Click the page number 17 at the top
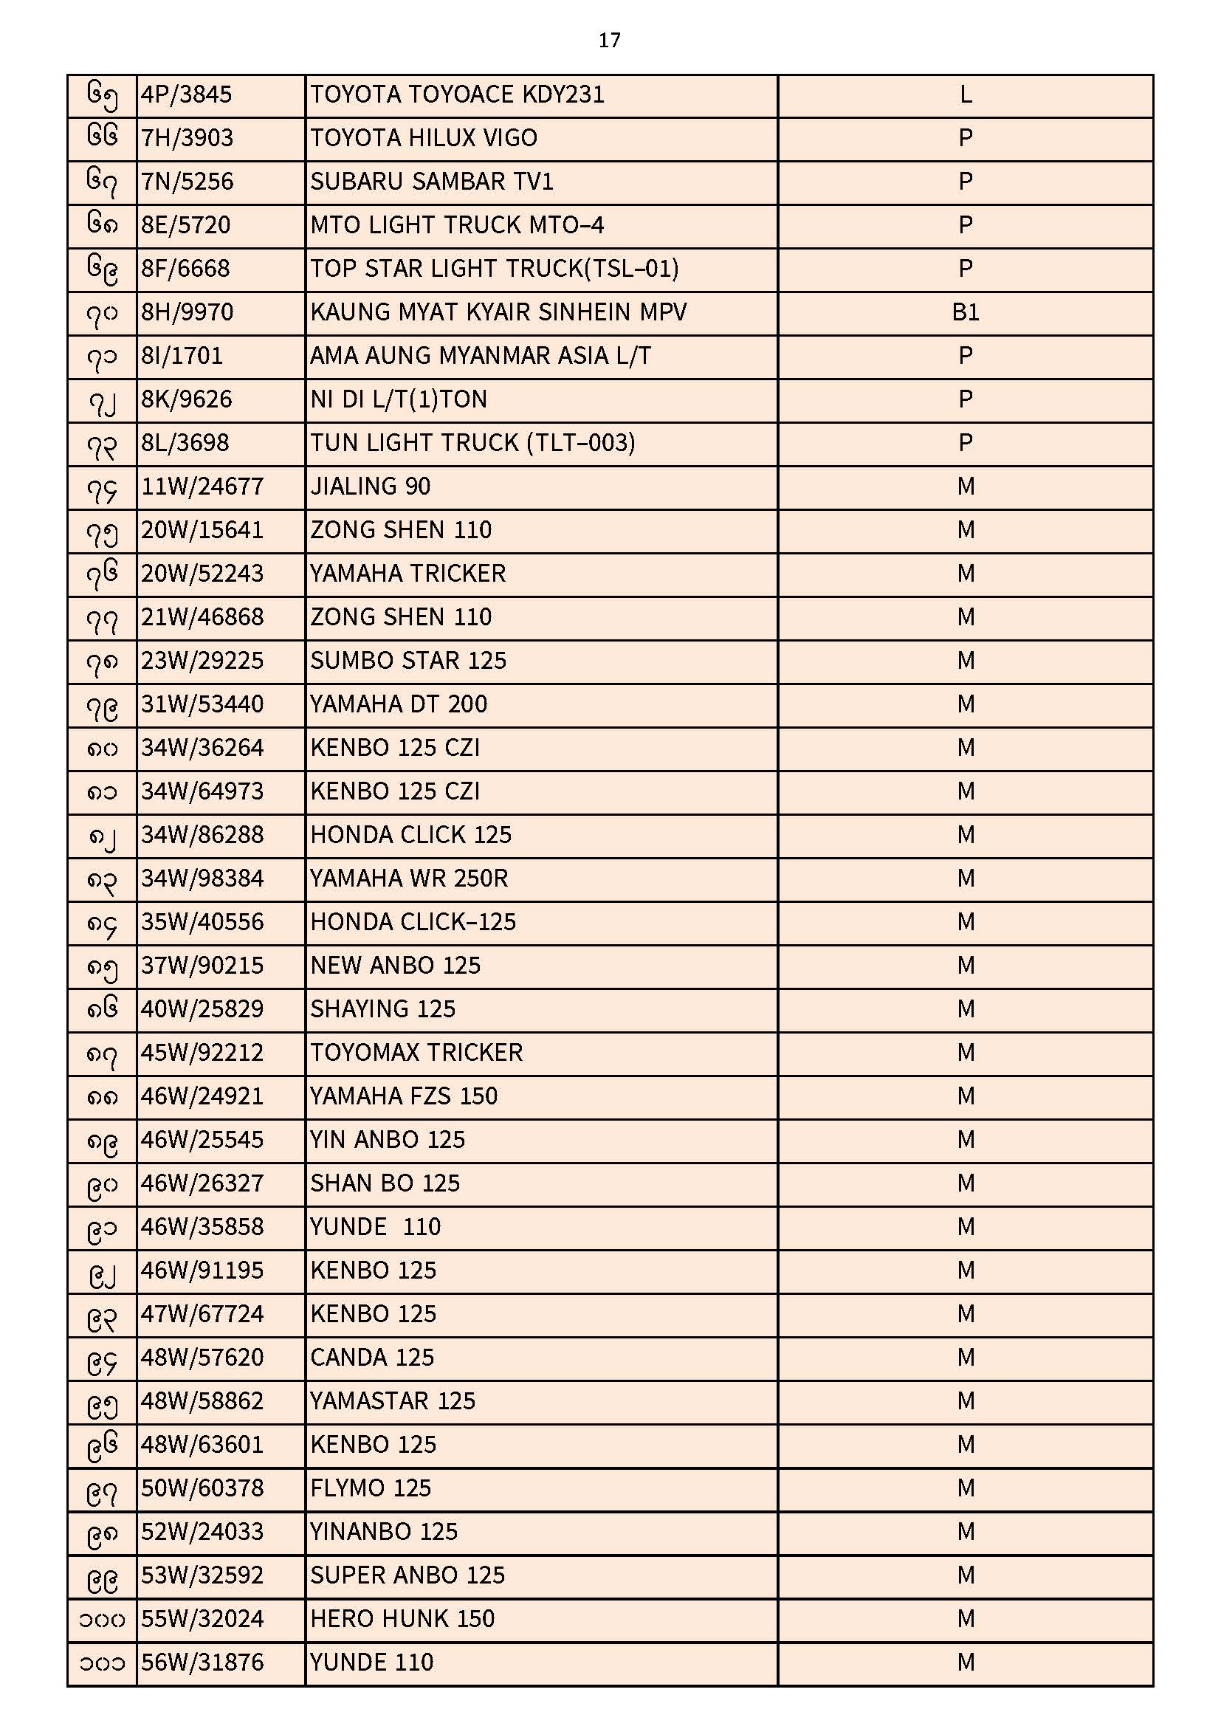pos(609,41)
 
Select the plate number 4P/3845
pos(187,94)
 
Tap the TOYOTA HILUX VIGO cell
pos(424,138)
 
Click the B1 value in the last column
pos(966,312)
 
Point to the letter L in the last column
pos(966,94)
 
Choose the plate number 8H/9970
pos(188,312)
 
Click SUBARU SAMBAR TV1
pos(432,182)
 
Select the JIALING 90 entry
pos(371,486)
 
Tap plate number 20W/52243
pos(202,574)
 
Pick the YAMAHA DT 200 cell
pos(399,704)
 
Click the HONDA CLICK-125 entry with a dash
pos(413,921)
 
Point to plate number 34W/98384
pos(202,878)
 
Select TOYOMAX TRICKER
pos(416,1053)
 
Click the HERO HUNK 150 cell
pos(402,1618)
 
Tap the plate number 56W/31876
pos(202,1662)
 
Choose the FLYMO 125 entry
pos(371,1488)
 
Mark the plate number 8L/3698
pos(185,443)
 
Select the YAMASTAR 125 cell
pos(393,1400)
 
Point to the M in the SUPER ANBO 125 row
pos(966,1575)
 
